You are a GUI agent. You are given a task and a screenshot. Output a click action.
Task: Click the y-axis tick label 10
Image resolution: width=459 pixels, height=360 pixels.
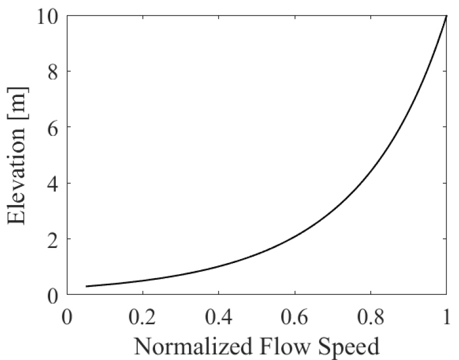47,16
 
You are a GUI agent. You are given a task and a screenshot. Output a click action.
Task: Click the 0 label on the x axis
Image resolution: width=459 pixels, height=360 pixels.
67,317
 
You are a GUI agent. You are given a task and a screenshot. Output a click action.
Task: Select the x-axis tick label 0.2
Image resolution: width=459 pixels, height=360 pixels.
143,317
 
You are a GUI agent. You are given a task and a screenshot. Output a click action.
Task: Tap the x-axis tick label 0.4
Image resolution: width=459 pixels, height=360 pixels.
219,317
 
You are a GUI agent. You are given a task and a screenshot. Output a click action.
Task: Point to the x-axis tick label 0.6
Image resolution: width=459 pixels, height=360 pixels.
295,317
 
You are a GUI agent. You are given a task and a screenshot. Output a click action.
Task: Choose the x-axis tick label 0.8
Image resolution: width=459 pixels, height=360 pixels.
370,317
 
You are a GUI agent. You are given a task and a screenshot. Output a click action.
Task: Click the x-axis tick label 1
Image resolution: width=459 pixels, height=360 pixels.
447,317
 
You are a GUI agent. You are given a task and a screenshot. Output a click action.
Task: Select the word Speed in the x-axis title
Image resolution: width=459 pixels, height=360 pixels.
349,347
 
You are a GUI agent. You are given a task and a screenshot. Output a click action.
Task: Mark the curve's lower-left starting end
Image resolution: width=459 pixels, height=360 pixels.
86,286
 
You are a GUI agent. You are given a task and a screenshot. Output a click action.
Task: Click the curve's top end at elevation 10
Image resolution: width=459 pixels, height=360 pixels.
446,16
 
